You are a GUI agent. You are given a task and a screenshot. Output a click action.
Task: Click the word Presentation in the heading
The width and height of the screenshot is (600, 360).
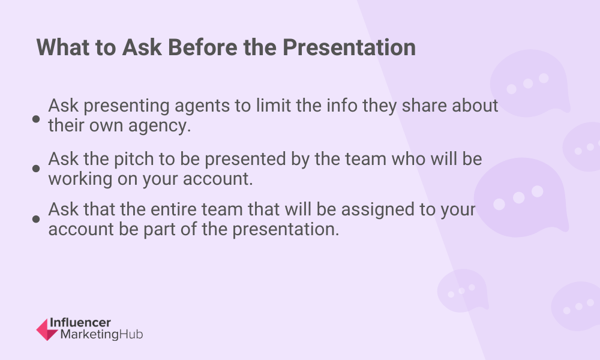349,47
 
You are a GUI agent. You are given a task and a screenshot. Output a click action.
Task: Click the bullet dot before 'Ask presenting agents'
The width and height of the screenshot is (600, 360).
36,119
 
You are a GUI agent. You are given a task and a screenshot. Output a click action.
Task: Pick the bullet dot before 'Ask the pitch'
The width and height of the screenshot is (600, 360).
36,169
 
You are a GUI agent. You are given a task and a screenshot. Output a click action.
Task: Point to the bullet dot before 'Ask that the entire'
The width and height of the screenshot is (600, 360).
36,219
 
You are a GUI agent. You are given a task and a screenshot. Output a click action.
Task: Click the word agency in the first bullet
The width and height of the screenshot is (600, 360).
159,126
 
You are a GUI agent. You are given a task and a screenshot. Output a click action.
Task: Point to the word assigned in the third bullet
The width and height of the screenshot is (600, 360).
377,210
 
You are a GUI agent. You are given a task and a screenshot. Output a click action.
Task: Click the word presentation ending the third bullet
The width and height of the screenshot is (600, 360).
286,230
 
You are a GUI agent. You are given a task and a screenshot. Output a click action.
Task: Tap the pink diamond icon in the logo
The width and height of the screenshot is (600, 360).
47,329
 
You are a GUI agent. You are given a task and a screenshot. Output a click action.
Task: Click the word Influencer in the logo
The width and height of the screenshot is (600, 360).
80,323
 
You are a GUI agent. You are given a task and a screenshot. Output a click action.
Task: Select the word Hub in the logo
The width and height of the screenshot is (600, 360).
131,334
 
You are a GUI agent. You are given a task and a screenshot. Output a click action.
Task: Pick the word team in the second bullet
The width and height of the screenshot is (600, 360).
366,159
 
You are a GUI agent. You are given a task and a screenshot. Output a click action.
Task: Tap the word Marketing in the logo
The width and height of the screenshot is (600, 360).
89,335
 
